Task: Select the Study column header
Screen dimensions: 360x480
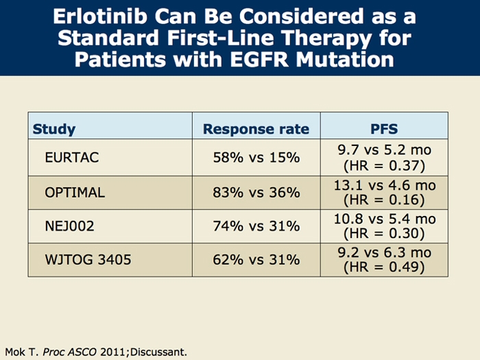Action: coord(54,129)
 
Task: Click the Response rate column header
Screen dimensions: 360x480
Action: coord(256,129)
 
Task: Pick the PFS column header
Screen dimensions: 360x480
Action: coord(384,129)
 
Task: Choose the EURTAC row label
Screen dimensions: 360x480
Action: coord(72,157)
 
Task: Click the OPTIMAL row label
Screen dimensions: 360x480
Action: coord(75,192)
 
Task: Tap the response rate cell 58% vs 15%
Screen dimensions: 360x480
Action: coord(256,157)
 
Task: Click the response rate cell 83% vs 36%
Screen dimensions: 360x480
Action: coord(256,192)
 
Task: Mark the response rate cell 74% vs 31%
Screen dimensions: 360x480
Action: coord(256,226)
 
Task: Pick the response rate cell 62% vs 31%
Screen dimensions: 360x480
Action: coord(256,260)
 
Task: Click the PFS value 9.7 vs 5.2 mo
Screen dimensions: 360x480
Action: coord(384,149)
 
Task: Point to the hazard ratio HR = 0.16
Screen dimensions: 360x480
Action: coord(384,200)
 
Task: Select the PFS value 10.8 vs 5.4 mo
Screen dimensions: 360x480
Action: coord(384,219)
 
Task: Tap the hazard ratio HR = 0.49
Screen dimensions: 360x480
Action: coord(384,267)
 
